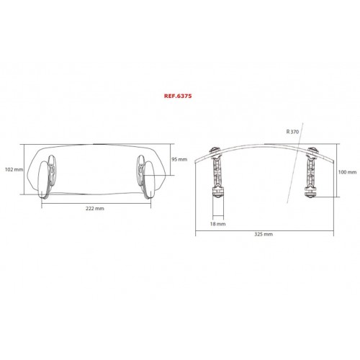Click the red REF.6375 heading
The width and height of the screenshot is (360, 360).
point(178,96)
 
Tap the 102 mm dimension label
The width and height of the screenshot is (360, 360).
point(14,170)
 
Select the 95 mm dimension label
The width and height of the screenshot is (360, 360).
point(179,159)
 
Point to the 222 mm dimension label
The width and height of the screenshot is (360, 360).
point(95,209)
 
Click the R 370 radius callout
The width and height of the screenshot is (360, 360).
point(292,132)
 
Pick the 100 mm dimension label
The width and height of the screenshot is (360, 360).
point(347,172)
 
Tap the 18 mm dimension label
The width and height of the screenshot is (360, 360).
point(218,224)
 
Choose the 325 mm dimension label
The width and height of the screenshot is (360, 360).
point(264,234)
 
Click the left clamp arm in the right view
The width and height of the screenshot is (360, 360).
point(217,172)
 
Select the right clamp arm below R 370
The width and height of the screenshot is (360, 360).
point(311,172)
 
